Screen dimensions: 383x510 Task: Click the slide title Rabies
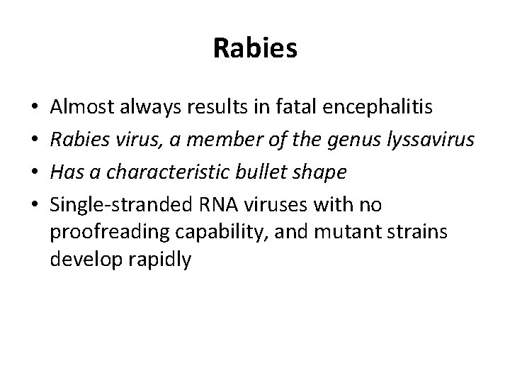[x=255, y=49]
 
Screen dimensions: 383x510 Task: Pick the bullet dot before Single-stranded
[x=35, y=206]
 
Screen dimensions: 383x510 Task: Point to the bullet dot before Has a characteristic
[x=35, y=174]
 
